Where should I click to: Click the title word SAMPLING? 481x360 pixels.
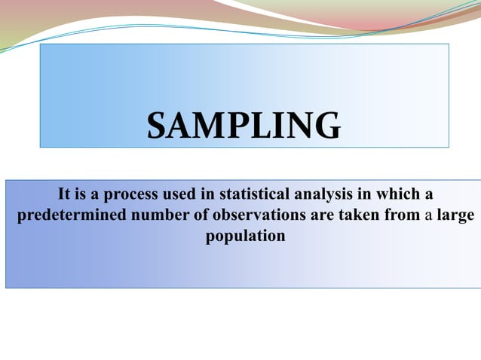tap(243, 126)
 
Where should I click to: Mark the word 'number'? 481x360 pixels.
tap(160, 215)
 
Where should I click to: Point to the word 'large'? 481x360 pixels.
tap(454, 216)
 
